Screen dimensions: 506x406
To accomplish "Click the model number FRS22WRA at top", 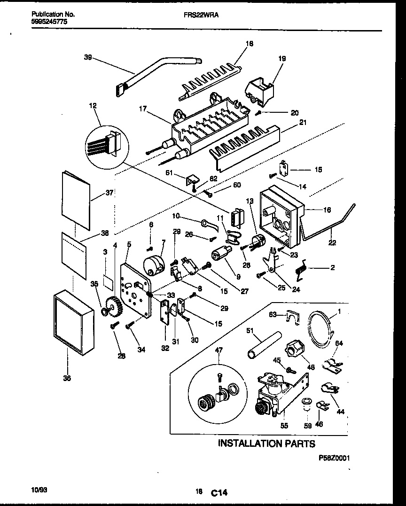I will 201,15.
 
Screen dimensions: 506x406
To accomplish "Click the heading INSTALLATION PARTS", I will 266,443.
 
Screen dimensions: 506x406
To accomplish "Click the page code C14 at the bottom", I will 219,493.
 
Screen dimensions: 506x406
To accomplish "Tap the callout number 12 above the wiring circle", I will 93,107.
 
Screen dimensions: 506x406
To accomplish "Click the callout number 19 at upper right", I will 281,59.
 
